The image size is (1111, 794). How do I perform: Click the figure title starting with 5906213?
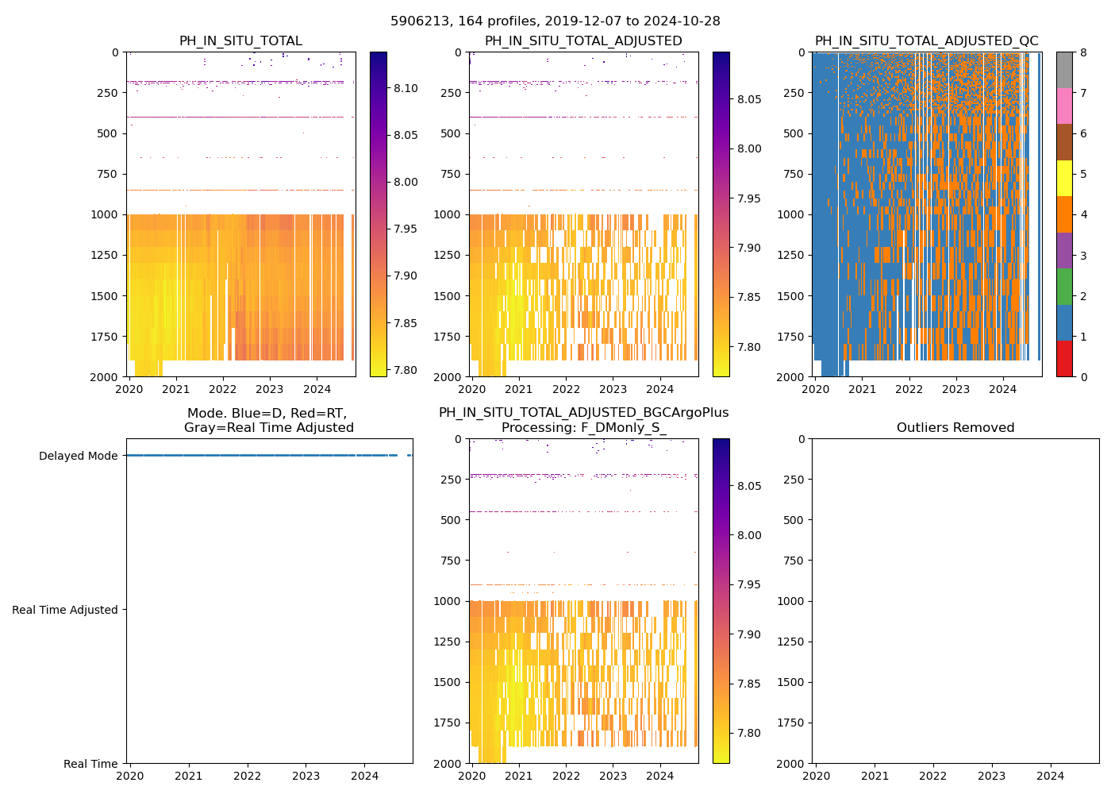[555, 21]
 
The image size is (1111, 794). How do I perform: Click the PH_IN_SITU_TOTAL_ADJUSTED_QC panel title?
[926, 41]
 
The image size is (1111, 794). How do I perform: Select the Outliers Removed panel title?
[955, 428]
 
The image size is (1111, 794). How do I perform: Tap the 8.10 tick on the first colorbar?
[406, 88]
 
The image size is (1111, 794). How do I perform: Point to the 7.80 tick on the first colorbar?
[406, 370]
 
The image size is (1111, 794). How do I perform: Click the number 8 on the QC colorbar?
[1082, 52]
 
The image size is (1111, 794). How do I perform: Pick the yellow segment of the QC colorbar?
[1064, 178]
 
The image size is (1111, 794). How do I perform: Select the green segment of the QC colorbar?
[1064, 286]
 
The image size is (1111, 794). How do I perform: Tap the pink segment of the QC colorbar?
[1064, 106]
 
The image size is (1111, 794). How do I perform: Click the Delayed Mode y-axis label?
[78, 456]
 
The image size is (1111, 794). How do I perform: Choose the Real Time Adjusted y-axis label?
[64, 610]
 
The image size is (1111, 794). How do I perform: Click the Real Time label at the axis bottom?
[90, 764]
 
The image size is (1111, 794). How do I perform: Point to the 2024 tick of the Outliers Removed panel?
[1050, 776]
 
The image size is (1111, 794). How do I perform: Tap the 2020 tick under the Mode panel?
[130, 776]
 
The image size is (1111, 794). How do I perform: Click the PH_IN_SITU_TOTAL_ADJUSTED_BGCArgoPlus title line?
[583, 413]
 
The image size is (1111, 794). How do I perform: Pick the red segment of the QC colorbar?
[1064, 358]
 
